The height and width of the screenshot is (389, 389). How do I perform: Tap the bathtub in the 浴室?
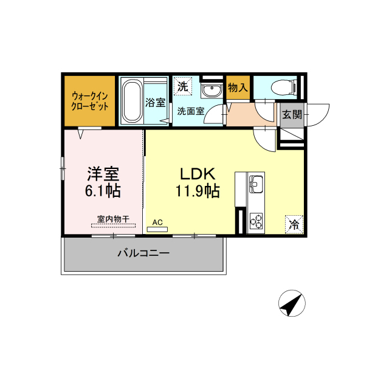pos(133,101)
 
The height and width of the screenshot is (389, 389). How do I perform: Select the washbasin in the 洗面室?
pos(212,90)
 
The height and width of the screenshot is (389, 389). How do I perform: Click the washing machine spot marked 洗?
pos(183,86)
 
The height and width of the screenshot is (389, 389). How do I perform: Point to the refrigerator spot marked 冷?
pos(294,224)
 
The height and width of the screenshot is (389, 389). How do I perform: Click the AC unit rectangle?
pos(157,229)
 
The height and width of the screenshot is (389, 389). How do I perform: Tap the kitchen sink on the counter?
pos(256,184)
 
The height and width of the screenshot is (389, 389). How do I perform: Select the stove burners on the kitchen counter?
pos(256,221)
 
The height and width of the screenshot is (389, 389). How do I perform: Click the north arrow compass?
pos(292,303)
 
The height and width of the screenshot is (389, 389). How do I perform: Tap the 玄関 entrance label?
pos(292,115)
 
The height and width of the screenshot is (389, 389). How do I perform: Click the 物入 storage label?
pos(238,88)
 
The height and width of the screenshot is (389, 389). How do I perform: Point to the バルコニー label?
pos(143,253)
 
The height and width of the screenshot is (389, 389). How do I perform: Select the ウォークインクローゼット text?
pos(90,101)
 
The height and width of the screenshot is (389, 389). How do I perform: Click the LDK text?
pos(198,174)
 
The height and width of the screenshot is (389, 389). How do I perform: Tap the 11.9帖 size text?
pos(198,191)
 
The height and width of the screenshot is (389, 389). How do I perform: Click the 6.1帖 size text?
pos(103,191)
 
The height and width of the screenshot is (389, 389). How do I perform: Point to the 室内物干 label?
pos(113,219)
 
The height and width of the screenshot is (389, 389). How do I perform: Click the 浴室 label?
pos(156,103)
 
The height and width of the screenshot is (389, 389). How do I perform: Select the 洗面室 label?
pos(191,111)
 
